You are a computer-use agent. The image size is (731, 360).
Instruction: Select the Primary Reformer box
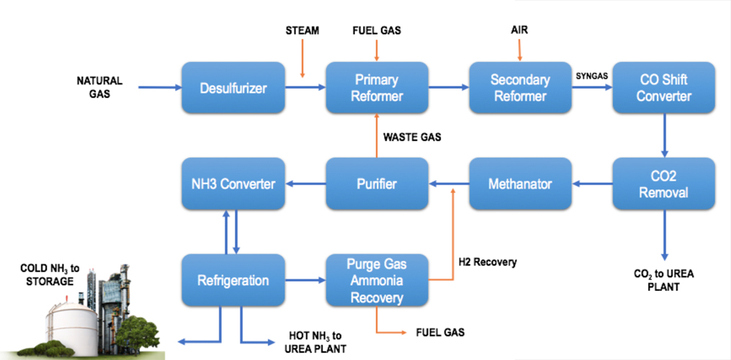tap(377, 88)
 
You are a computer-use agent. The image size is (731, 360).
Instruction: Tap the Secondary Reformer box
tap(520, 88)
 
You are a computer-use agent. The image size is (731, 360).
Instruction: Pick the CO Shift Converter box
tap(663, 88)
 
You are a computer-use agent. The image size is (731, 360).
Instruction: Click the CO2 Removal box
tap(663, 184)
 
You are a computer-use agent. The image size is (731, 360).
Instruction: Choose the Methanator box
tap(520, 184)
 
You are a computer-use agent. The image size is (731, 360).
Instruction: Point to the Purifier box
tap(377, 184)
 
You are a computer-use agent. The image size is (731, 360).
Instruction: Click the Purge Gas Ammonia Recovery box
tap(377, 280)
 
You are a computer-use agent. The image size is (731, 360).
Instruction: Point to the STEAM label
tap(302, 31)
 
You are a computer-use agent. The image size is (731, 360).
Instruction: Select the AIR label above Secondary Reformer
tap(519, 31)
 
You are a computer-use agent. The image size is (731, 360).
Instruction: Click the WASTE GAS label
tap(413, 137)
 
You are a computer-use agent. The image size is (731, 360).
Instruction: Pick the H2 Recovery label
tap(488, 263)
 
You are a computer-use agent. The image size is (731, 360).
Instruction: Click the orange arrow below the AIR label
tap(519, 50)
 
